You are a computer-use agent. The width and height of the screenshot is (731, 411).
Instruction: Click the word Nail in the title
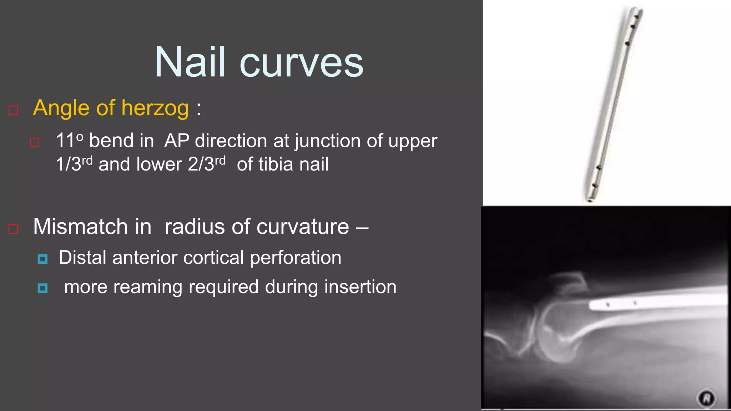pos(190,62)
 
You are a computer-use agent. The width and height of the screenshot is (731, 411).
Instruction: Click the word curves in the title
pos(302,64)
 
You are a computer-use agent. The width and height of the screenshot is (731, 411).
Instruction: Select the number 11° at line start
pos(69,140)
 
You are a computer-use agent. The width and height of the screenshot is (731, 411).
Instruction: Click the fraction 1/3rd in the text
pos(74,164)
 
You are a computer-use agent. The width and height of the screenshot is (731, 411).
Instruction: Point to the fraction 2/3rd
pos(207,164)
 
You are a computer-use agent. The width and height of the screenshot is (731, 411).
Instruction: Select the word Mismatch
pos(80,227)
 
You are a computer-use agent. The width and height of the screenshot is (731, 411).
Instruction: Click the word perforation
pos(295,258)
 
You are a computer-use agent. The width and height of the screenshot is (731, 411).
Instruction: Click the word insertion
pos(360,287)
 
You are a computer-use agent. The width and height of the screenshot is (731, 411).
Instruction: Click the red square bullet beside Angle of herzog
pos(13,110)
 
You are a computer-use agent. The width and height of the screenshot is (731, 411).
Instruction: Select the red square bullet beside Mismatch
pos(13,229)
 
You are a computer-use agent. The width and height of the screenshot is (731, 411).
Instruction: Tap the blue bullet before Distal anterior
pos(42,259)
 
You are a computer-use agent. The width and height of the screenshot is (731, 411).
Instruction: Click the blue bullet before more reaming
pos(42,288)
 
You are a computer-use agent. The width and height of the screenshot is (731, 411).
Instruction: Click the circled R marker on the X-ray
pos(707,398)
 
